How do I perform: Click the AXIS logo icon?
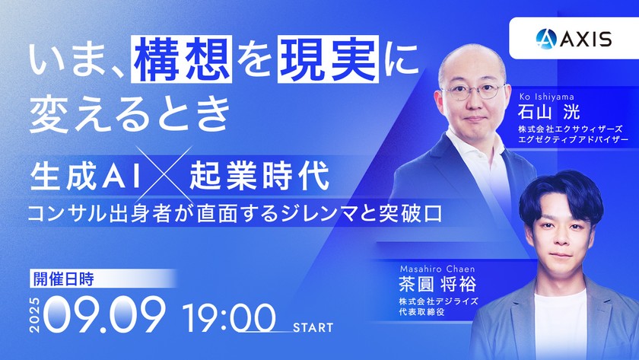546,38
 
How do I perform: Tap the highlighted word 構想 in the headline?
181,59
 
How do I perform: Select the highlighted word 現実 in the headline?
328,59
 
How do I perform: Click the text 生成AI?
85,176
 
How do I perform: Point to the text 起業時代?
259,176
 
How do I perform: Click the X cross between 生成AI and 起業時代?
164,174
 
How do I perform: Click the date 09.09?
104,314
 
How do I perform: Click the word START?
313,327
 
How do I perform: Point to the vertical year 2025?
35,315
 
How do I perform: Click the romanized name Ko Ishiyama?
546,97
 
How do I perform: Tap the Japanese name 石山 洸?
549,112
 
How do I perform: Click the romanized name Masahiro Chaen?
437,269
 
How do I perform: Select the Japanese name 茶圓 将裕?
437,284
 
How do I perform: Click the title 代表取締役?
421,312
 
